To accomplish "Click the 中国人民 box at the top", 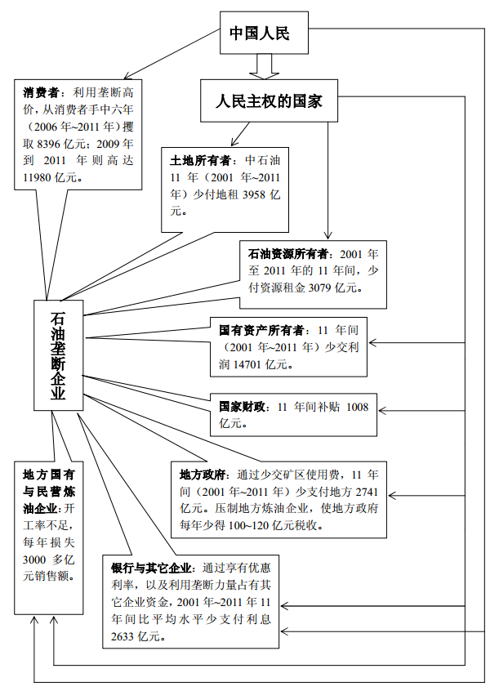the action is point(264,33).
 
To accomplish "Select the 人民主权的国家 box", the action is point(269,101).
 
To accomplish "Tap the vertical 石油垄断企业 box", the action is point(59,355).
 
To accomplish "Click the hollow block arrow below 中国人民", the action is point(264,66).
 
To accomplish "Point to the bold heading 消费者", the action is point(42,93).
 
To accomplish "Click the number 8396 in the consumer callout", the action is point(49,144).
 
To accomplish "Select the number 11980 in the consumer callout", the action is point(37,178).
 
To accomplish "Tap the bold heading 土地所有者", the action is point(200,161).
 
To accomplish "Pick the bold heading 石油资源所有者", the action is point(289,255).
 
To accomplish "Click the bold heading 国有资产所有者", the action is point(261,331).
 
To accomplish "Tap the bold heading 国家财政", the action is point(243,407).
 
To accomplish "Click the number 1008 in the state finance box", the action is point(358,407).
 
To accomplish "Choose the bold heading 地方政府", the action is point(204,475).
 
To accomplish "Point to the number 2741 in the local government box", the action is point(367,492).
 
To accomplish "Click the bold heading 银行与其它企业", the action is point(152,568).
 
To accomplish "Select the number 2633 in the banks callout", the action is point(123,636).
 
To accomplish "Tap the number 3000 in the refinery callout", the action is point(35,560).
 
